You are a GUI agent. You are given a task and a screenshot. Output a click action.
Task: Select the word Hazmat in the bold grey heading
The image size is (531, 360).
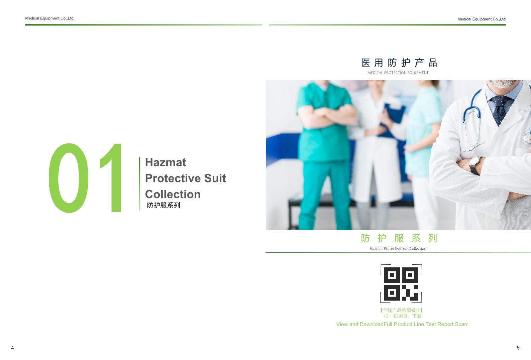coord(166,162)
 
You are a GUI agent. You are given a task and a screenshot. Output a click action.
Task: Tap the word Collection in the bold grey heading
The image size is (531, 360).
coord(173,194)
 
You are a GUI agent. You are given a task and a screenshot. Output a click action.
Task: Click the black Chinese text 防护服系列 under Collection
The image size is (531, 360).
coord(164,205)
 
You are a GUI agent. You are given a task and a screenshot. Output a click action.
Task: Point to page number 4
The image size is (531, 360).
coord(12,348)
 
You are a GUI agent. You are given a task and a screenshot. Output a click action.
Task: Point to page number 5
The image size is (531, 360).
coord(518,348)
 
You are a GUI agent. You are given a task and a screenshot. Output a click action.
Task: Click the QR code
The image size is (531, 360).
coord(401,284)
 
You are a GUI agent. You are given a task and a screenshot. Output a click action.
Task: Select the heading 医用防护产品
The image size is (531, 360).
coord(399,63)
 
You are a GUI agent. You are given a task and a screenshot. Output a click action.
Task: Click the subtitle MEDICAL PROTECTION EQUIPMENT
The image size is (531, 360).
coord(398,73)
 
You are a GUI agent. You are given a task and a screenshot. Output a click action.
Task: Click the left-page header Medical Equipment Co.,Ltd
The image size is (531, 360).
coord(49,18)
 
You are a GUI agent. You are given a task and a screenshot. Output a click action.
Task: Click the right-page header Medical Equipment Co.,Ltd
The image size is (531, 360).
coord(482,19)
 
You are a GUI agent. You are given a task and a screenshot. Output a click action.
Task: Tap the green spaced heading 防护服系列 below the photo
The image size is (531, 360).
coord(399,238)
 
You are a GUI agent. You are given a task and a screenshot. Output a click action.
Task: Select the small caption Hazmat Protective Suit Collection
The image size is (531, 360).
coord(398,248)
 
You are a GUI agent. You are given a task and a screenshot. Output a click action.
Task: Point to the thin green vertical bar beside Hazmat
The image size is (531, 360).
coord(140,184)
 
